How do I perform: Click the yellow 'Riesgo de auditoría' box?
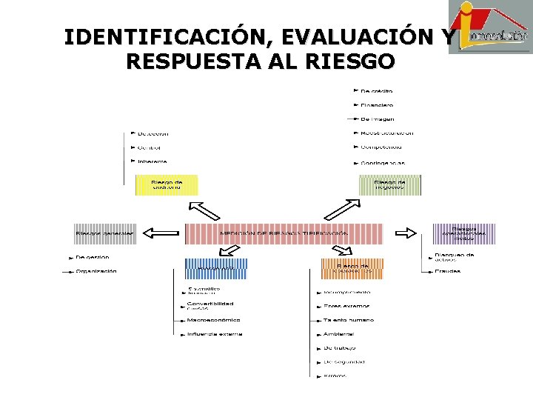(167, 184)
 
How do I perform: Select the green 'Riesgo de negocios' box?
(389, 184)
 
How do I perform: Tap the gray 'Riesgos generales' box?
(104, 233)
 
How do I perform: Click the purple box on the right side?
(463, 233)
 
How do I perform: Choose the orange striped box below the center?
(352, 268)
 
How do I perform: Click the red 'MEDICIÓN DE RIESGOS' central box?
(284, 233)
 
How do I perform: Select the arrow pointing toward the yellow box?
(204, 210)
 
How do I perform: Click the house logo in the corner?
(489, 27)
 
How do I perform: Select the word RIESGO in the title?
(346, 61)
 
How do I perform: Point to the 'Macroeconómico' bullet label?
(213, 320)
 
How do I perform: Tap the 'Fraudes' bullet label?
(447, 271)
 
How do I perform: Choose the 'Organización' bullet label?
(95, 271)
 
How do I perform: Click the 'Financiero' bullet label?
(377, 105)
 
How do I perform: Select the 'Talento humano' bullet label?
(348, 320)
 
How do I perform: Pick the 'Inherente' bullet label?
(152, 161)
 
